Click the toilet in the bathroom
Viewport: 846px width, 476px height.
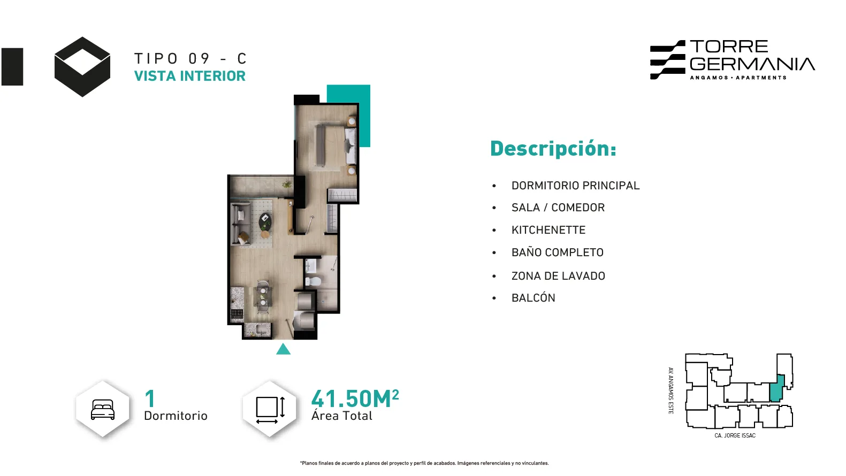coord(313,281)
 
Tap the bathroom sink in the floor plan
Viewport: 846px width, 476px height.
coord(311,266)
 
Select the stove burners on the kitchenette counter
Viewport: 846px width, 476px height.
coord(237,314)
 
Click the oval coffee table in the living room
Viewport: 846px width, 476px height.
coord(265,221)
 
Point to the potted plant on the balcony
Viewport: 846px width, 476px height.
coord(287,185)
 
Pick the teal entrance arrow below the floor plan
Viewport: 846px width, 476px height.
coord(283,349)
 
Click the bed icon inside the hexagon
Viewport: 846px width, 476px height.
coord(103,410)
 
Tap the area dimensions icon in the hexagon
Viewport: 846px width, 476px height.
coord(270,410)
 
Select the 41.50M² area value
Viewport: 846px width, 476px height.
coord(355,398)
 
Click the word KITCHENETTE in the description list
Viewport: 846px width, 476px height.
coord(548,230)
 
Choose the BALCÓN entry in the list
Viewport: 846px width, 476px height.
coord(533,298)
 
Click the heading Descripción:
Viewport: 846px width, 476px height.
coord(553,149)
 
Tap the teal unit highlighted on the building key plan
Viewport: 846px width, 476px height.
coord(776,389)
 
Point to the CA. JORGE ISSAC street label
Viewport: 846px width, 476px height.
coord(735,435)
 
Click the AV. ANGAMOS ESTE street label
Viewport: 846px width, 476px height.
coord(671,390)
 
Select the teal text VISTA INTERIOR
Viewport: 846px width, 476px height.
coord(189,76)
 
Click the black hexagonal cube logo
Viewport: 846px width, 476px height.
coord(82,67)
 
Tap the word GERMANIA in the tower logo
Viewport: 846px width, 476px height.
coord(752,64)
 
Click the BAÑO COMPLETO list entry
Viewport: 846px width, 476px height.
coord(558,252)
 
